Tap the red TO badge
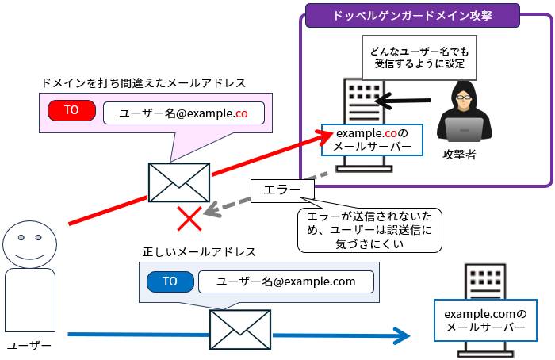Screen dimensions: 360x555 point(71,111)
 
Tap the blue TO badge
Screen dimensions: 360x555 point(170,281)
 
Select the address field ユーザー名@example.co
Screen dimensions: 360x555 point(183,113)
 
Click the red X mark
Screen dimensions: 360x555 point(189,218)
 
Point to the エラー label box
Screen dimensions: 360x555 point(282,190)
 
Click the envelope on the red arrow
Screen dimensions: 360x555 point(179,183)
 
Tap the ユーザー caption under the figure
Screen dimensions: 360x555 point(29,345)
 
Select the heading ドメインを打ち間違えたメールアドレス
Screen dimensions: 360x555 point(144,82)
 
